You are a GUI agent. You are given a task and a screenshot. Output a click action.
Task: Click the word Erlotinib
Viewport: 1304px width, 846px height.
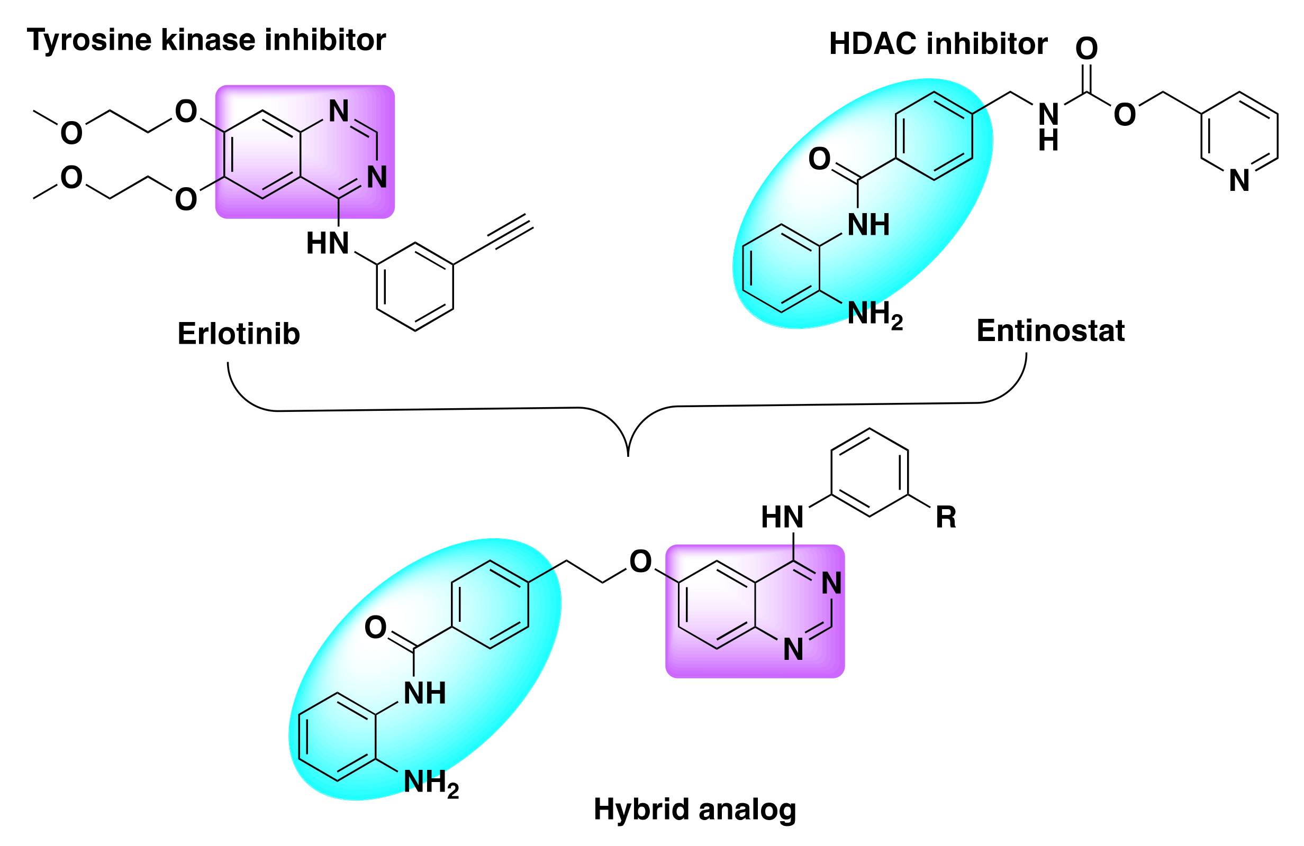click(x=239, y=334)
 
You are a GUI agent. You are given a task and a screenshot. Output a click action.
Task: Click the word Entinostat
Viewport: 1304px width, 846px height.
click(x=1050, y=331)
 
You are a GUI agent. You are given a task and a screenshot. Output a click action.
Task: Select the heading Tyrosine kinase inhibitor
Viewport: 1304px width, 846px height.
click(x=206, y=40)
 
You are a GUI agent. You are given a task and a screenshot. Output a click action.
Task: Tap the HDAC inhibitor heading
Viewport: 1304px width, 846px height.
click(x=937, y=44)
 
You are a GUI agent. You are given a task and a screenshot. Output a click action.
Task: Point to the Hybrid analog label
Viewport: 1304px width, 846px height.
click(x=694, y=810)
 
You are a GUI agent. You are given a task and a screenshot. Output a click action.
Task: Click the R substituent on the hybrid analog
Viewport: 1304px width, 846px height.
click(x=946, y=517)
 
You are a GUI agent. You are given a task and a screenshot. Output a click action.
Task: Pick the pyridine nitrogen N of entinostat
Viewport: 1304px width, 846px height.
click(x=1239, y=181)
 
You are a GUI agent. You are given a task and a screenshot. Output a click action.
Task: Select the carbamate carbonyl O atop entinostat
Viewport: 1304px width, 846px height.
click(x=1086, y=48)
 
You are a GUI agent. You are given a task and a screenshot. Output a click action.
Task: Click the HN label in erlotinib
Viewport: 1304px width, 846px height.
click(x=328, y=244)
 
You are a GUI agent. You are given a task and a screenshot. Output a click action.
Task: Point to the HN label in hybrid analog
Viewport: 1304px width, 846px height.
click(x=782, y=517)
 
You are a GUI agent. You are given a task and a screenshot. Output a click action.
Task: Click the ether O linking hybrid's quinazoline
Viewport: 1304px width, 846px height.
click(x=640, y=561)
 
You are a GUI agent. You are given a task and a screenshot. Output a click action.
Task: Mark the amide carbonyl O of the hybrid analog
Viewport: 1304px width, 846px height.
click(x=375, y=627)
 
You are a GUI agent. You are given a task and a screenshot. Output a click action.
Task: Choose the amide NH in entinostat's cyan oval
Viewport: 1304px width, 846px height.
click(x=868, y=225)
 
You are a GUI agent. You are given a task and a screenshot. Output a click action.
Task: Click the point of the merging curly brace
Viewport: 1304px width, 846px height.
click(x=628, y=455)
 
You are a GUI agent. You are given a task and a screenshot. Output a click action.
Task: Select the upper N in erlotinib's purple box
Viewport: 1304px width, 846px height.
click(x=339, y=111)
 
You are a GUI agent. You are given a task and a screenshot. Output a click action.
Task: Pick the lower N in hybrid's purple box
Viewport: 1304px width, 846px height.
click(x=793, y=650)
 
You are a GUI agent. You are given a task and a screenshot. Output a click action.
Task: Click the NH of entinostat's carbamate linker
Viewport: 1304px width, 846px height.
click(x=1048, y=126)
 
